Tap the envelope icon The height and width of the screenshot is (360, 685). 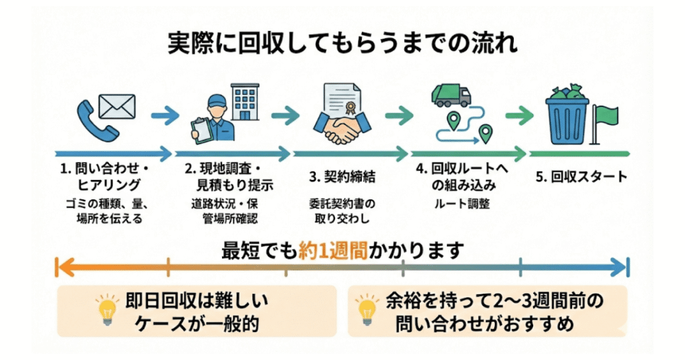point(117,105)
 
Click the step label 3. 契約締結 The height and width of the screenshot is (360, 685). point(342,177)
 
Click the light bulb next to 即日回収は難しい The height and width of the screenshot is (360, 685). point(106,310)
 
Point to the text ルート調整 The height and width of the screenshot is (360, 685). point(461,204)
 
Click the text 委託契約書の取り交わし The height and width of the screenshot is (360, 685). point(343,211)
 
